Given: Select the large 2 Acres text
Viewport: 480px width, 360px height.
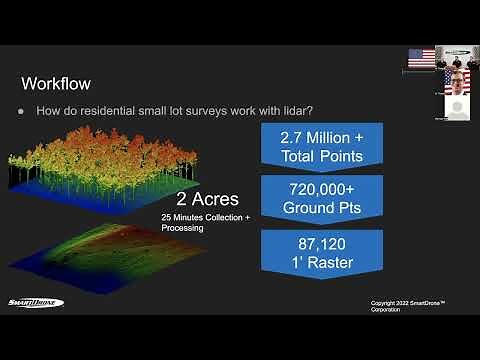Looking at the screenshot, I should [207, 198].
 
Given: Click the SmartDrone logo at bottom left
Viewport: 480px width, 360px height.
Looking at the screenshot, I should [34, 303].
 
